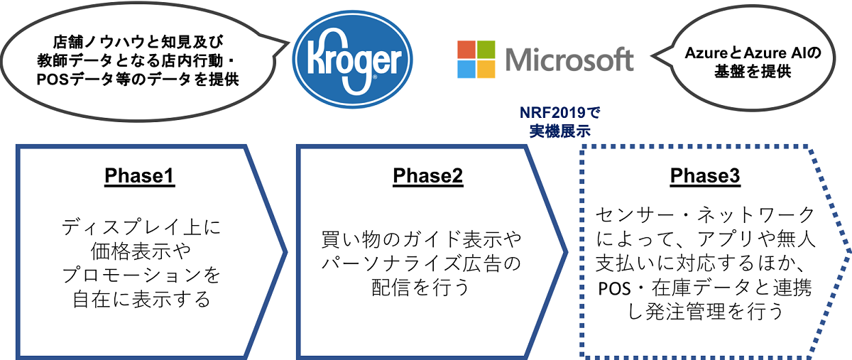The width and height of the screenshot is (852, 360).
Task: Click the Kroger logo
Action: coord(352,60)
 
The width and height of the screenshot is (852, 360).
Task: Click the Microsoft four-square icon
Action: coord(476,60)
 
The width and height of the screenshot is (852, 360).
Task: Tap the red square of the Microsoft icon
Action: coord(466,50)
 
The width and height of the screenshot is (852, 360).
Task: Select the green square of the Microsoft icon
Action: coord(486,50)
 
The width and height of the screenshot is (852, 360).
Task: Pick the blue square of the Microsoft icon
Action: coord(466,70)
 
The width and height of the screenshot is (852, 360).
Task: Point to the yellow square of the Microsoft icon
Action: coord(486,70)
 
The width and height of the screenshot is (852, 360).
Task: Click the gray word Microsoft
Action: coord(569,60)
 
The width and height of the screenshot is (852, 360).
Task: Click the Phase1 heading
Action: coord(140,176)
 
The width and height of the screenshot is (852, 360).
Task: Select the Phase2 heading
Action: coord(428,176)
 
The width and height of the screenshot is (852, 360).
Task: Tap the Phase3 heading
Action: coord(705,176)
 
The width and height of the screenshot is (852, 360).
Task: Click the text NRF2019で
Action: coord(560,113)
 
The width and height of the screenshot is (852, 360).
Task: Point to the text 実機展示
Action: coord(560,131)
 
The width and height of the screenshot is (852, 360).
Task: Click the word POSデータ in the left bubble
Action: coord(75,80)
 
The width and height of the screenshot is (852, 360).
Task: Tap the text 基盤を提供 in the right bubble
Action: coord(753,71)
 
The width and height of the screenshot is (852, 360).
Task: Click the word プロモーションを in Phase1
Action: coord(141,275)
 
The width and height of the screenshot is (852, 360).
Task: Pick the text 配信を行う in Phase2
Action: coord(420,287)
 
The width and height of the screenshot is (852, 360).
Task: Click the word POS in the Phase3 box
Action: coord(615,288)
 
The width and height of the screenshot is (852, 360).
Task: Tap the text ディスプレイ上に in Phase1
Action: coord(141,227)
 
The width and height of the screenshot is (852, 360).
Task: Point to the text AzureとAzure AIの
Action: coord(753,53)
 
